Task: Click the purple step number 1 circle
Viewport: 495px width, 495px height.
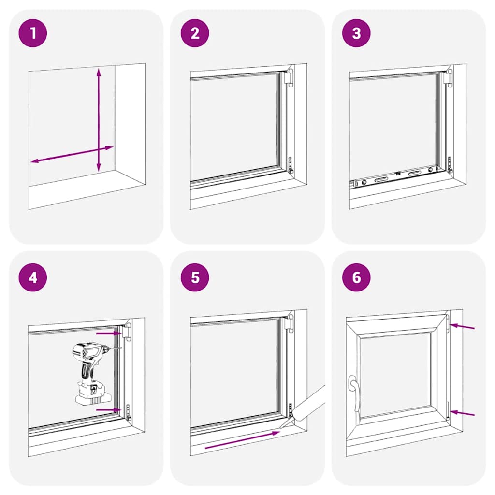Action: pyautogui.click(x=33, y=33)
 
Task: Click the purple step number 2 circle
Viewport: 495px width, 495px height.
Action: pyautogui.click(x=195, y=33)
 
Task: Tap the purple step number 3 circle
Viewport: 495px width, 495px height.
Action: pyautogui.click(x=357, y=33)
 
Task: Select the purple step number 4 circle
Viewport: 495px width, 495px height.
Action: pyautogui.click(x=33, y=277)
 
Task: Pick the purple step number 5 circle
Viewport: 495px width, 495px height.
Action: pyautogui.click(x=195, y=277)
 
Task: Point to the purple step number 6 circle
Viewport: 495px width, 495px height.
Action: pyautogui.click(x=357, y=277)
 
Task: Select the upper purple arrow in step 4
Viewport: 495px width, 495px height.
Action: pyautogui.click(x=107, y=333)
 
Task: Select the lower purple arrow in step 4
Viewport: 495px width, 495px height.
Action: pyautogui.click(x=107, y=410)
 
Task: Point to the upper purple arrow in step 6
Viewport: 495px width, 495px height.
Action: pyautogui.click(x=463, y=327)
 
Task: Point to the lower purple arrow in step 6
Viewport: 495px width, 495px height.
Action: pyautogui.click(x=463, y=414)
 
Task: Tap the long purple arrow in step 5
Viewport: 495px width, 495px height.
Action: pyautogui.click(x=242, y=440)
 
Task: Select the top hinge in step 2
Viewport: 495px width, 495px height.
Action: pyautogui.click(x=290, y=78)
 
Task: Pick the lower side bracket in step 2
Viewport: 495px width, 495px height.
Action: pyautogui.click(x=291, y=165)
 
